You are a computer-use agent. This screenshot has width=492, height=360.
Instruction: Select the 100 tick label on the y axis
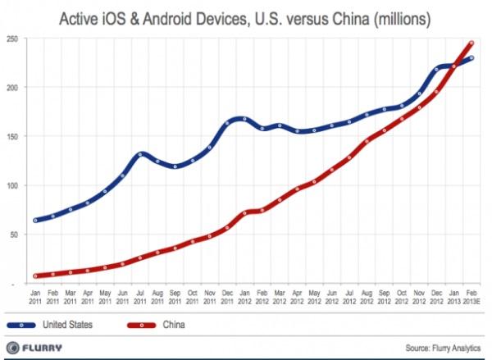pyautogui.click(x=11, y=186)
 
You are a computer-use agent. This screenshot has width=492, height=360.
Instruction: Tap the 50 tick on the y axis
pyautogui.click(x=13, y=235)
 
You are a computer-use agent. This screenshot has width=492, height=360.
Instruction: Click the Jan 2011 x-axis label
pyautogui.click(x=36, y=296)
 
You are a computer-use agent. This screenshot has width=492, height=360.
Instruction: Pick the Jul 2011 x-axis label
pyautogui.click(x=141, y=296)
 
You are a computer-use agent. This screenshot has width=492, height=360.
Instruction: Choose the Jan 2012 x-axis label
pyautogui.click(x=245, y=296)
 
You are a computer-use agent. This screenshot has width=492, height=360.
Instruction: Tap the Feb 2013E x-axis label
pyautogui.click(x=471, y=296)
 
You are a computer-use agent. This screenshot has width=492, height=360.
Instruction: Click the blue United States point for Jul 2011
pyautogui.click(x=141, y=154)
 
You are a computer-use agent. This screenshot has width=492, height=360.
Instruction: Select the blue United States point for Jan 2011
pyautogui.click(x=36, y=220)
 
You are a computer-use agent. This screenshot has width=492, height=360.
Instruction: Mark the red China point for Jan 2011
pyautogui.click(x=36, y=276)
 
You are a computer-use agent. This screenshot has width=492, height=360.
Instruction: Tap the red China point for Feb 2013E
pyautogui.click(x=471, y=43)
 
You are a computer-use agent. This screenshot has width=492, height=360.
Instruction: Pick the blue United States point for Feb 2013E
pyautogui.click(x=471, y=57)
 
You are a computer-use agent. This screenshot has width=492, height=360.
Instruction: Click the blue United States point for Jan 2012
pyautogui.click(x=245, y=120)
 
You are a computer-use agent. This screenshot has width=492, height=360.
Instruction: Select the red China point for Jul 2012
pyautogui.click(x=350, y=158)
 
